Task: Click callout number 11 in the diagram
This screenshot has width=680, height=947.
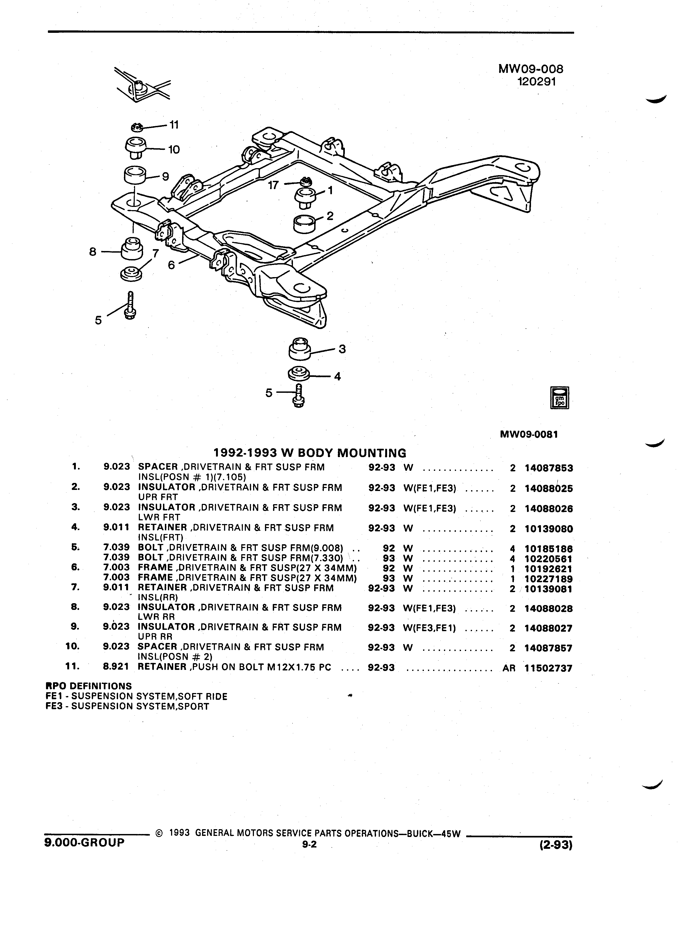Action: [x=174, y=125]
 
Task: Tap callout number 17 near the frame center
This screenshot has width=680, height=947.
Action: [x=273, y=185]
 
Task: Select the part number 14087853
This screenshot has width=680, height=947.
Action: [x=548, y=468]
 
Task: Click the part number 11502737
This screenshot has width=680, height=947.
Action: [x=548, y=668]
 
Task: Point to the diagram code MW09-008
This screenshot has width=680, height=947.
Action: [x=530, y=69]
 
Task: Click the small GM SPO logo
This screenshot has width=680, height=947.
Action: [x=560, y=398]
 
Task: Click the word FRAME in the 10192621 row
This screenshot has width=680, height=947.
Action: [x=155, y=567]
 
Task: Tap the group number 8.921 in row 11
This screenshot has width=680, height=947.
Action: [x=116, y=667]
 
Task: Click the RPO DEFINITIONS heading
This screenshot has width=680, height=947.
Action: [x=88, y=686]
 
